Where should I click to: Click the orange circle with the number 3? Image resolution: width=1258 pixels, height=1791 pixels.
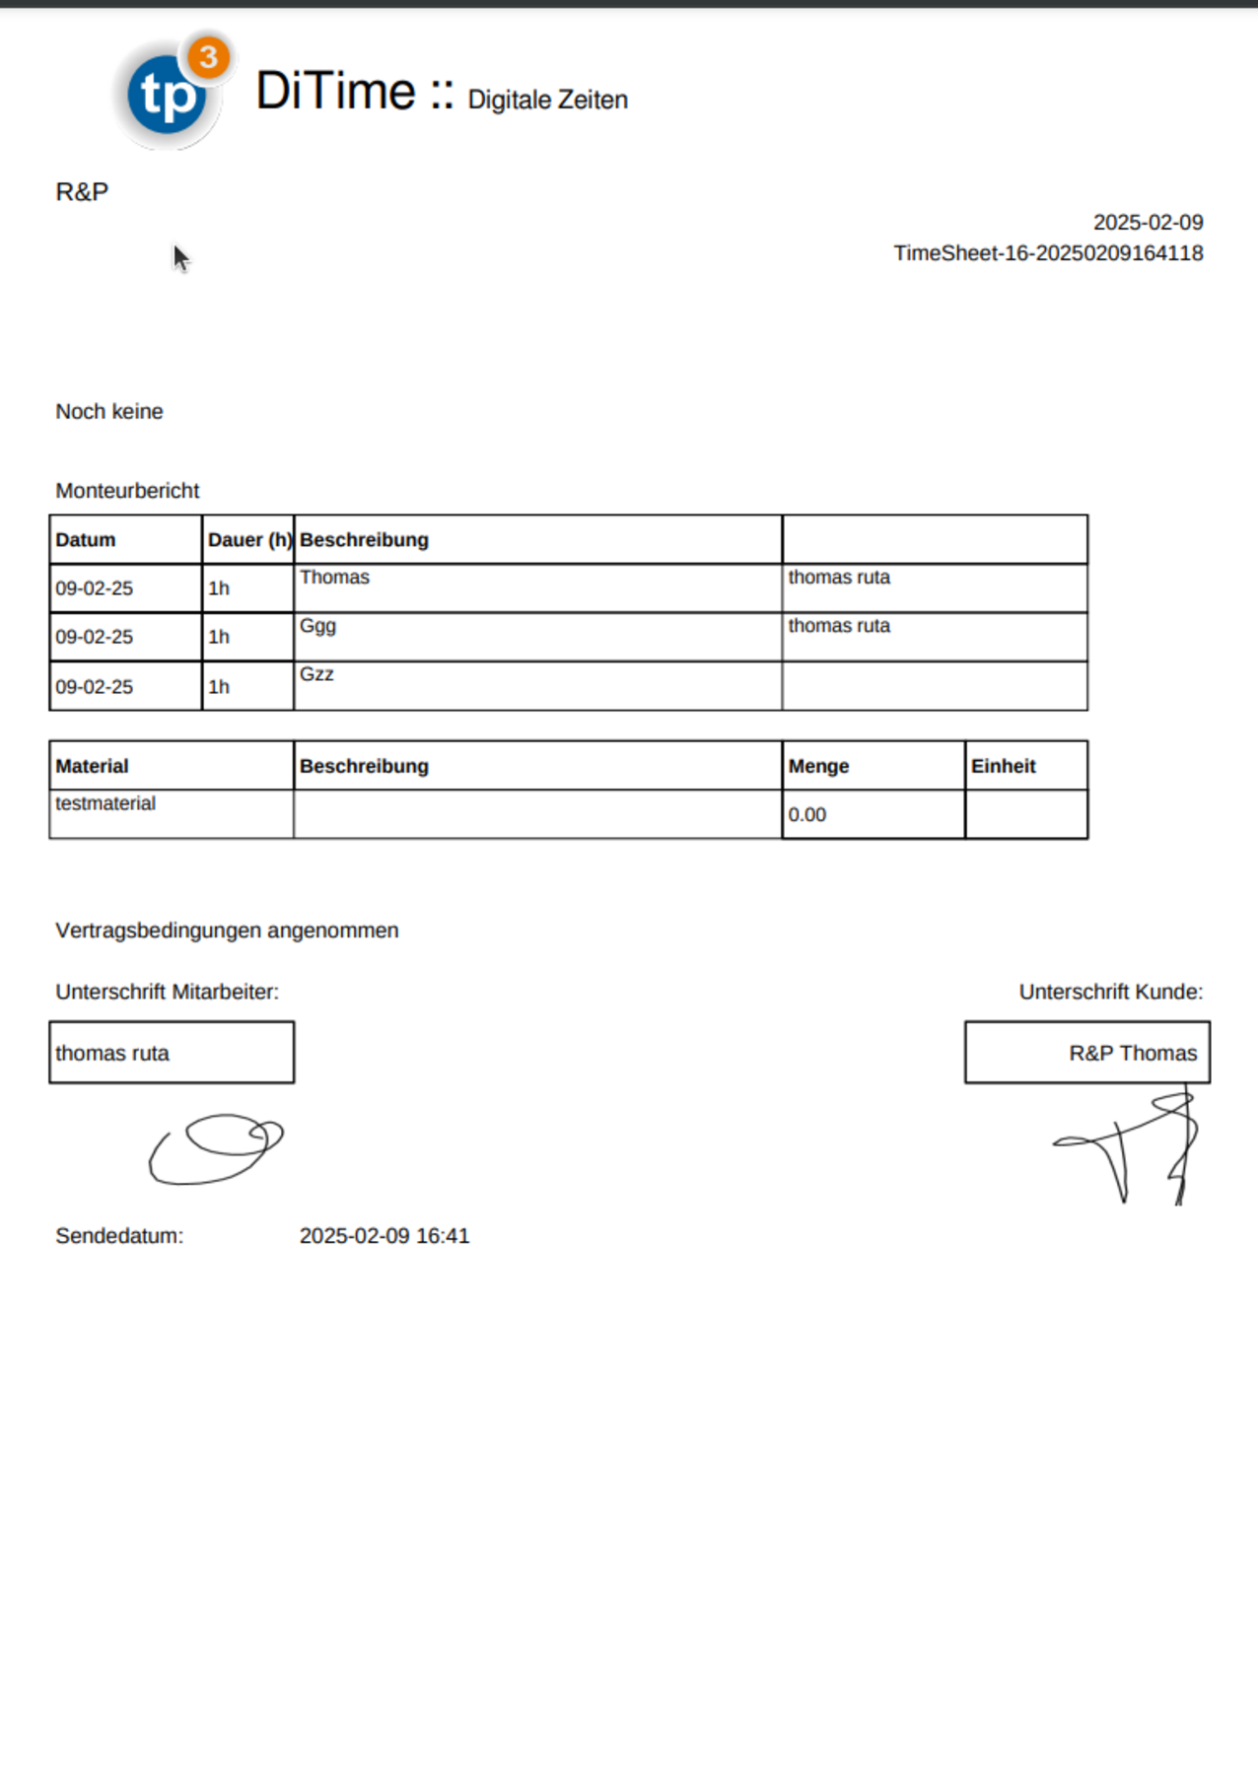(208, 57)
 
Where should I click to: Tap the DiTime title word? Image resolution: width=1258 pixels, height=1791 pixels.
(335, 92)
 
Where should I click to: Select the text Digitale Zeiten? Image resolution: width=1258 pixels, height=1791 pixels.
(547, 100)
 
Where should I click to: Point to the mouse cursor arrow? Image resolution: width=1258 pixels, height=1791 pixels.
(180, 258)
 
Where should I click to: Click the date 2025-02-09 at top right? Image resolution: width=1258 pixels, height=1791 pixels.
(1148, 223)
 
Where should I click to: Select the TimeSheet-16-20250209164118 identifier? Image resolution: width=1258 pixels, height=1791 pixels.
(1048, 253)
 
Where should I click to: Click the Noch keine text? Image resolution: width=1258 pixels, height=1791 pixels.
(109, 412)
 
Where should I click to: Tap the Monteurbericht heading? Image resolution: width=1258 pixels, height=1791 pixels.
(127, 491)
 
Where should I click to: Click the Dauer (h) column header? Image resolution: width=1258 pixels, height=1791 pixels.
(248, 540)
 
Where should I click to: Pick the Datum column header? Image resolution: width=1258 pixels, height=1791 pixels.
(86, 540)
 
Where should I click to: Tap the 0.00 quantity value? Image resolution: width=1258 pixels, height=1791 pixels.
(807, 815)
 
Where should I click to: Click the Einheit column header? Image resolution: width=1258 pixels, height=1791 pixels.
(1003, 767)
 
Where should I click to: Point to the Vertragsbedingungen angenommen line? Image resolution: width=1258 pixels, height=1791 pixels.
(227, 930)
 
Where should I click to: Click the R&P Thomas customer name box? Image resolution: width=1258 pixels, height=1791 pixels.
(1087, 1053)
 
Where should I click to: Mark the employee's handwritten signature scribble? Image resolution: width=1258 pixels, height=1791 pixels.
(217, 1149)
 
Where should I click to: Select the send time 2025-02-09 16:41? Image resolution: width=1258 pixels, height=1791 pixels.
(384, 1236)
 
